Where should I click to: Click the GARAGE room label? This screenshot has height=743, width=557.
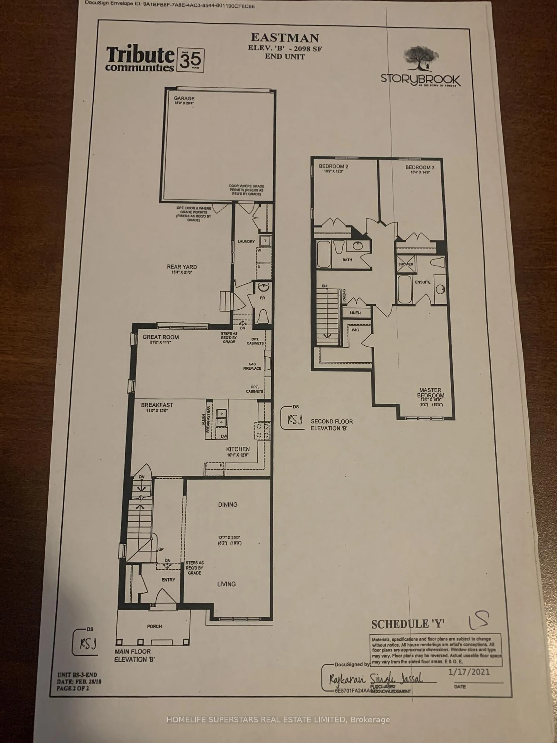[x=184, y=98]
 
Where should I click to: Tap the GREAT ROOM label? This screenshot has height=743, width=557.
[x=160, y=337]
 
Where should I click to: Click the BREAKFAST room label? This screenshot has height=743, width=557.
[x=157, y=405]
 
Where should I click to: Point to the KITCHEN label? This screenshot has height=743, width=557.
[x=238, y=449]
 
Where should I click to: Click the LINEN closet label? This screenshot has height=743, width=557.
[x=355, y=313]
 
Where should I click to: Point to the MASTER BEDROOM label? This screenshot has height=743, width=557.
[x=430, y=393]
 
